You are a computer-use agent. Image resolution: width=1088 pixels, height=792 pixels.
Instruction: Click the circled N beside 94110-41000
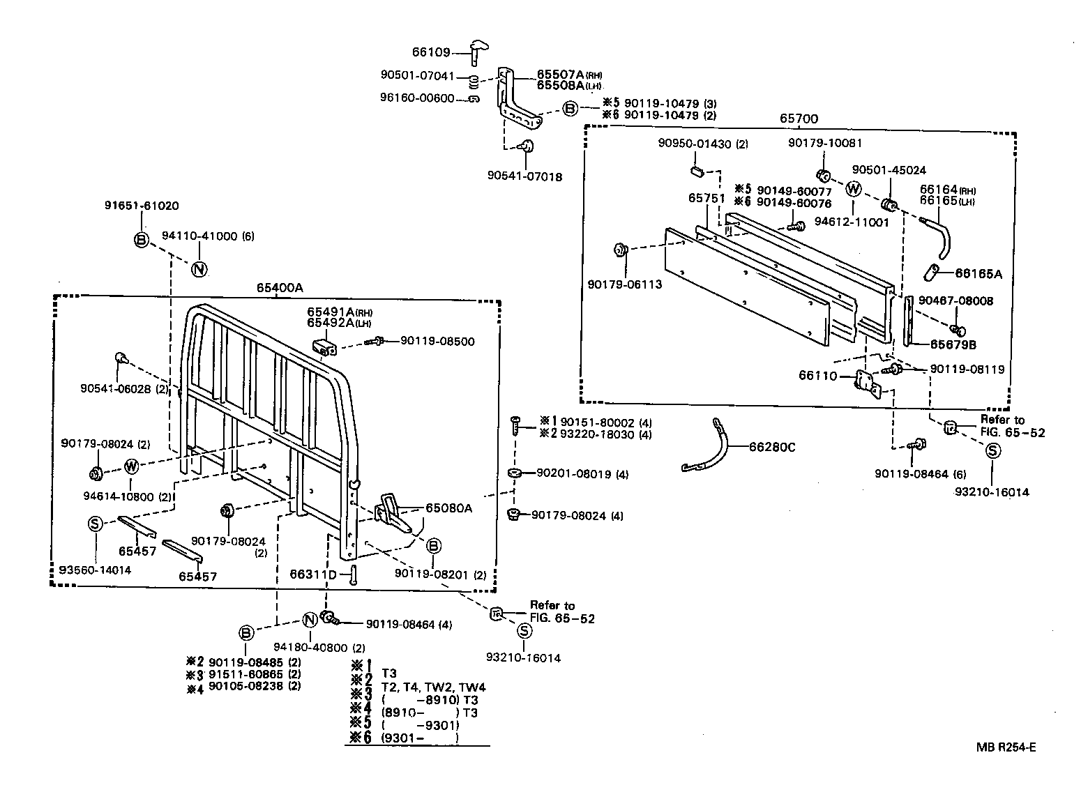click(199, 269)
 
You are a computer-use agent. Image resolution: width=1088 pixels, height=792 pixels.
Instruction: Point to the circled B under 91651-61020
click(142, 240)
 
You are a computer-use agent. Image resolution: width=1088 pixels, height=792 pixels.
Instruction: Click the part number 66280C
click(771, 447)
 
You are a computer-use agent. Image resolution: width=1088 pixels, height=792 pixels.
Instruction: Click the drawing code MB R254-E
click(1006, 747)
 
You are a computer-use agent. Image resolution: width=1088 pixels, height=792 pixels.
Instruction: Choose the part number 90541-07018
click(524, 177)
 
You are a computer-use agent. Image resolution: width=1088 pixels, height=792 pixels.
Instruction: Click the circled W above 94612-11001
click(854, 189)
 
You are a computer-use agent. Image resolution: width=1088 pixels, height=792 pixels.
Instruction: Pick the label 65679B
click(953, 344)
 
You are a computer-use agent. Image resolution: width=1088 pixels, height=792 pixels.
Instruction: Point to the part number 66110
click(817, 376)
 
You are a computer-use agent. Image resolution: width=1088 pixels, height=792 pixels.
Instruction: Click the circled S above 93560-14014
click(96, 524)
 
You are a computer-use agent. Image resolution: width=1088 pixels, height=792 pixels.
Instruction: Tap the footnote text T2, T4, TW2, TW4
click(434, 687)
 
